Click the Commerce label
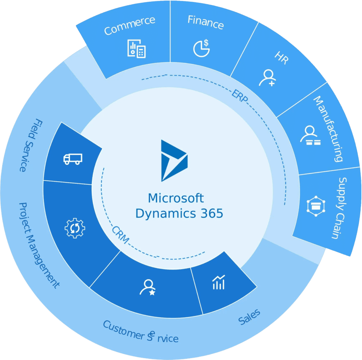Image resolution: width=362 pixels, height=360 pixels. click(129, 25)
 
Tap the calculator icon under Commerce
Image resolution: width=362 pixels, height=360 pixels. click(136, 49)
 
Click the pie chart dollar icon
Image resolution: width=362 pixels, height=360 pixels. click(201, 48)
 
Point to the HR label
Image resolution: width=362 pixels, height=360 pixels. click(281, 59)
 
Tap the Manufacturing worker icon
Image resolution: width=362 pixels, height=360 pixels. click(310, 136)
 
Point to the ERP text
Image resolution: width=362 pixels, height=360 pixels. click(240, 96)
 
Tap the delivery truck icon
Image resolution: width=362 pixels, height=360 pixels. click(73, 159)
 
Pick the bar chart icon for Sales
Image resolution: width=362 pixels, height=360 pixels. click(218, 282)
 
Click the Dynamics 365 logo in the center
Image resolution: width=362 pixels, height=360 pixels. click(174, 161)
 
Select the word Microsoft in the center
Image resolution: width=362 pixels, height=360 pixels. click(176, 198)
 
